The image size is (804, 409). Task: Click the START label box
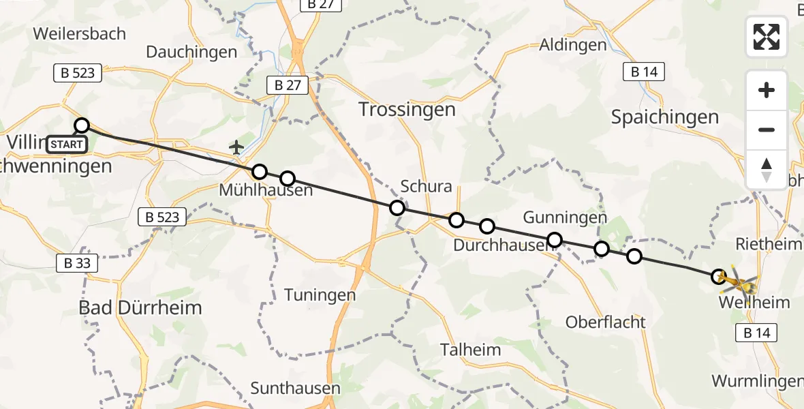67,145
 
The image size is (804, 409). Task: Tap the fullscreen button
767,37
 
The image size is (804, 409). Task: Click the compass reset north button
767,170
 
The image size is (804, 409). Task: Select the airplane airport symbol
236,147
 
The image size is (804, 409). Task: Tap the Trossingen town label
407,109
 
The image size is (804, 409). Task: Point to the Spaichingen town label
665,117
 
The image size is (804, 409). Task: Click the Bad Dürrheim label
140,307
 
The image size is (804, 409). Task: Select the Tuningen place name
320,295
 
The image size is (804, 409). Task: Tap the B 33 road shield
78,262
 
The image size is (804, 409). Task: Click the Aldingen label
572,45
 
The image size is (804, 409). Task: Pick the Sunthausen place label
295,388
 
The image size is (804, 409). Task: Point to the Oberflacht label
606,322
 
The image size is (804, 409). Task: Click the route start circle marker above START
82,125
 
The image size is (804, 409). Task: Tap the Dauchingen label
191,52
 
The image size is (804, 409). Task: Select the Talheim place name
470,350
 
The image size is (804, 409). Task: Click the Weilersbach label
79,33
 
